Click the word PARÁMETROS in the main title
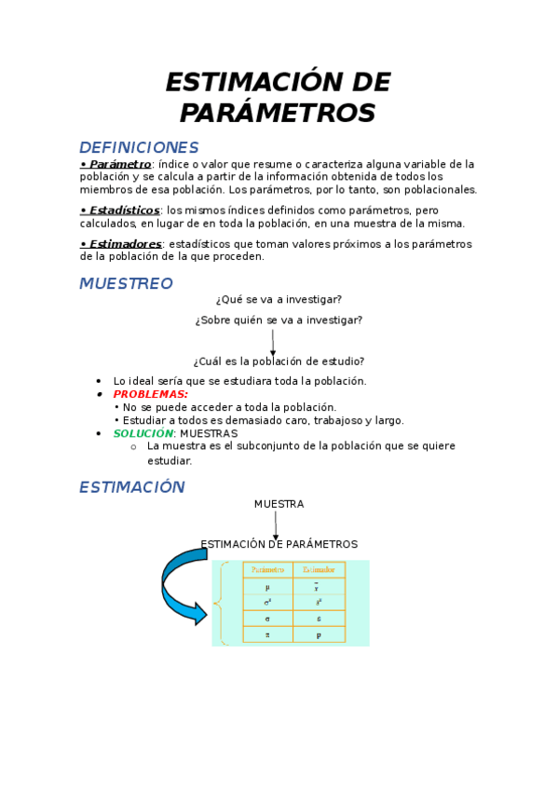[278, 113]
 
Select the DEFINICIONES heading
[139, 147]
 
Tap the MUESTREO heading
[126, 283]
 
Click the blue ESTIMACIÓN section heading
[132, 486]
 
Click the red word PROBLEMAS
[150, 394]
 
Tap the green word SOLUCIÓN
[143, 433]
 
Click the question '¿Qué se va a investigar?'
[279, 299]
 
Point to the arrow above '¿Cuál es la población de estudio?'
[273, 342]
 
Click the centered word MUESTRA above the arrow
[279, 504]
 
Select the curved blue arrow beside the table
[184, 585]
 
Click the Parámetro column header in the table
[268, 569]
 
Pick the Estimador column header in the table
[319, 569]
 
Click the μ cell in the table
[268, 587]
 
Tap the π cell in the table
[268, 633]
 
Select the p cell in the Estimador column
[319, 633]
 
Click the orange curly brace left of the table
[221, 603]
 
